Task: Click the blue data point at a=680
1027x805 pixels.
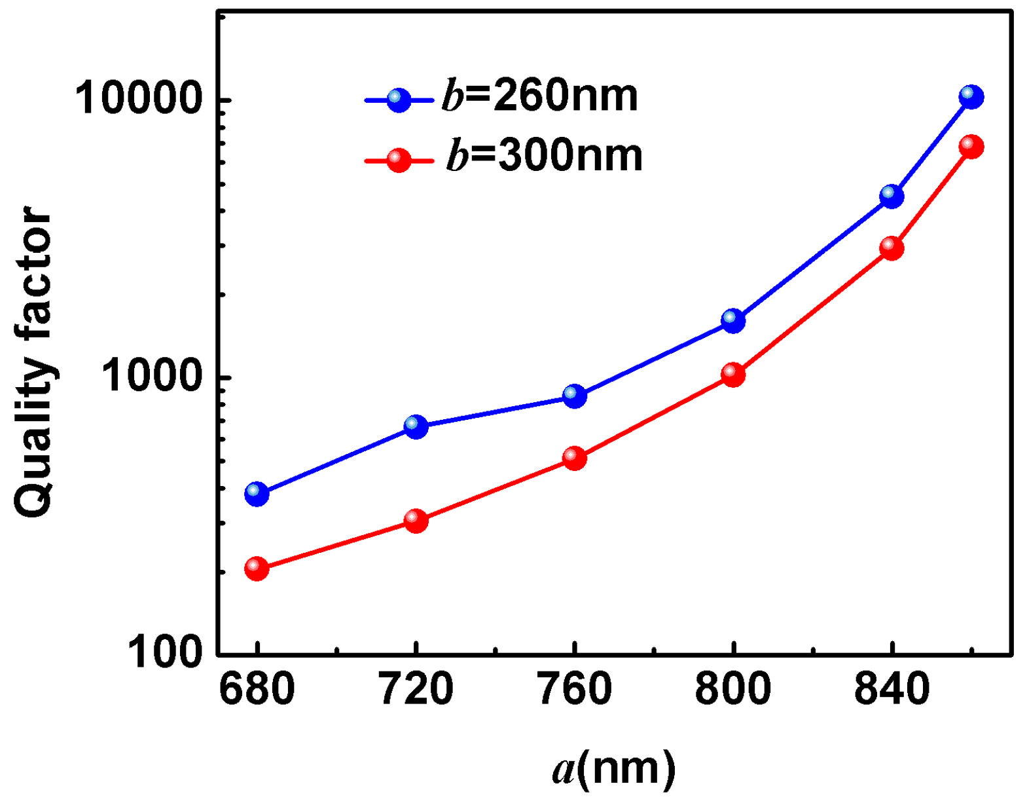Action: click(x=257, y=493)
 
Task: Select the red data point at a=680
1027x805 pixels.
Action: click(x=257, y=568)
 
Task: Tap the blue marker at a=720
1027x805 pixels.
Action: click(x=416, y=426)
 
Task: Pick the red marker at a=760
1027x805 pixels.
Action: click(x=575, y=457)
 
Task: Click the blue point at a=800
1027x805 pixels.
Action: click(x=733, y=320)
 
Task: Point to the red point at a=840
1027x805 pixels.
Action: click(x=892, y=248)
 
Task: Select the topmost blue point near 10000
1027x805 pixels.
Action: click(x=971, y=97)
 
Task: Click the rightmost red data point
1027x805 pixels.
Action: click(x=971, y=146)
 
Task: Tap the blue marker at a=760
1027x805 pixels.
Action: click(x=575, y=396)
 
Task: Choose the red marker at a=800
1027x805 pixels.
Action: click(x=733, y=374)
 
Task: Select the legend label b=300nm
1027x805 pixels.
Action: click(x=544, y=156)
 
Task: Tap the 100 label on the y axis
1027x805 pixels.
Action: click(x=164, y=652)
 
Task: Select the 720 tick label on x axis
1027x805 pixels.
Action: click(x=416, y=689)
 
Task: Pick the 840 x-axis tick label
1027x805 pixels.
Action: click(x=892, y=689)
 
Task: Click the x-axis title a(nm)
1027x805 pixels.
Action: click(x=613, y=768)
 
